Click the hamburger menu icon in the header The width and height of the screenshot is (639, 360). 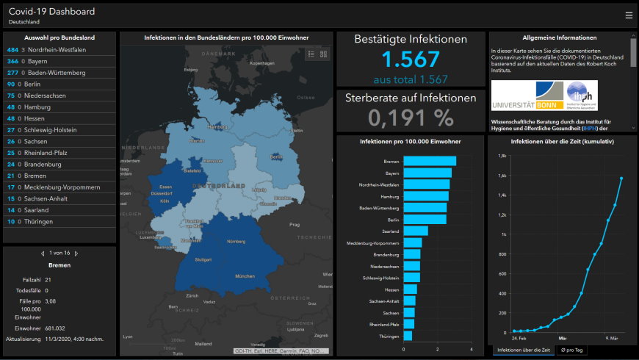[x=628, y=15]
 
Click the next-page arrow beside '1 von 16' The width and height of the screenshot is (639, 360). [x=76, y=253]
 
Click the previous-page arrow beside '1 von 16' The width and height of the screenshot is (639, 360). [x=43, y=253]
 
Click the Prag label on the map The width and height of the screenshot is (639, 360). [x=295, y=224]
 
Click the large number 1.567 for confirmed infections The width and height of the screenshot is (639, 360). [x=411, y=60]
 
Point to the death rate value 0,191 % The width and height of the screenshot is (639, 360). [x=411, y=118]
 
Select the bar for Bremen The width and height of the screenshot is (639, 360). [x=430, y=162]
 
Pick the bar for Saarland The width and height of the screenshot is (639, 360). [x=416, y=231]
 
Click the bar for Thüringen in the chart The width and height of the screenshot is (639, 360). [x=408, y=336]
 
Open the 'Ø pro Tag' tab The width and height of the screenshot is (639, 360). [x=571, y=350]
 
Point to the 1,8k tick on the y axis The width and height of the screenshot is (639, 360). [x=503, y=156]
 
